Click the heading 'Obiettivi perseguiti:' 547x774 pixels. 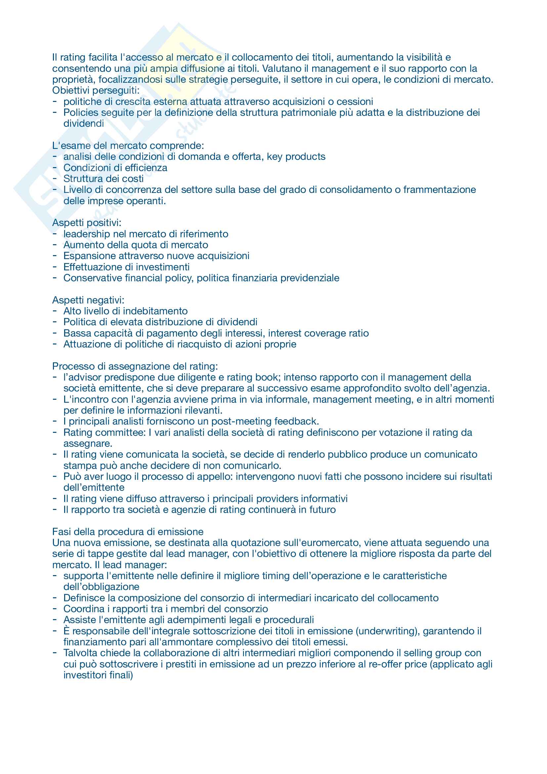click(96, 90)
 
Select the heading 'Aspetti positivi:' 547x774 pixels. click(87, 223)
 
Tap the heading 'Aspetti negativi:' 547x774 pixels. click(88, 300)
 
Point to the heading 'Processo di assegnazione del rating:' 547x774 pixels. click(135, 366)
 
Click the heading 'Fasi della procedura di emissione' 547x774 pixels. click(128, 532)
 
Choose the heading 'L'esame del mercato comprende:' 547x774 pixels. click(128, 146)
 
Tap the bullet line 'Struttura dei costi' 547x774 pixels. click(104, 179)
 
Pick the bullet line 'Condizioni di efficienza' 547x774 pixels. click(115, 168)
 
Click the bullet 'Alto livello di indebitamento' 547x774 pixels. click(125, 311)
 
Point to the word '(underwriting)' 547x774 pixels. click(387, 631)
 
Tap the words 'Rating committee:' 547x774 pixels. click(105, 433)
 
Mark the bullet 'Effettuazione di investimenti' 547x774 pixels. click(126, 267)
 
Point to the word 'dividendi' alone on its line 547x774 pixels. click(84, 124)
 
